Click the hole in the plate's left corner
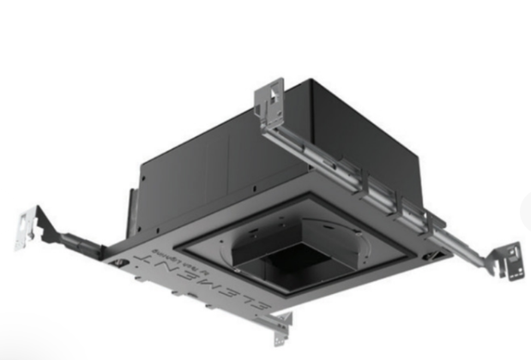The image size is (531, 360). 120,261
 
